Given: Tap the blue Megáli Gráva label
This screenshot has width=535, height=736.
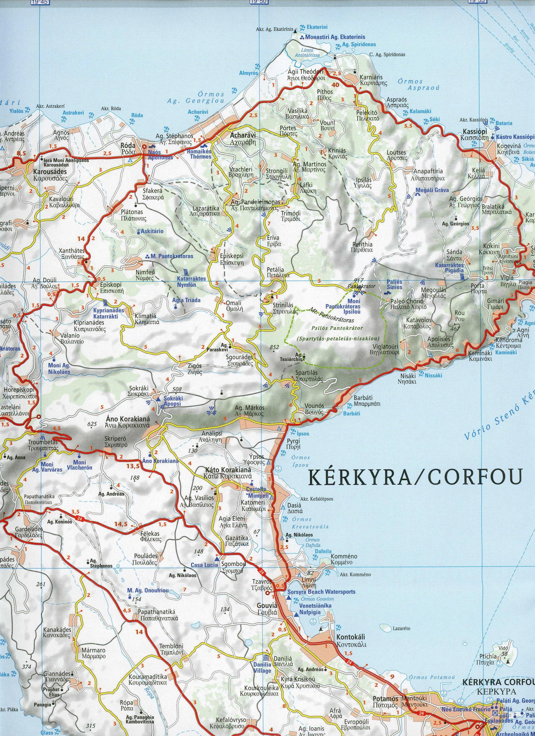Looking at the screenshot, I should point(432,190).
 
